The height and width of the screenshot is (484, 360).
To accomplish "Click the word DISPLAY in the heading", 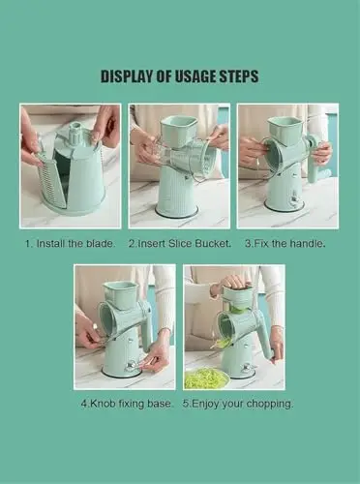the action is pos(128,76).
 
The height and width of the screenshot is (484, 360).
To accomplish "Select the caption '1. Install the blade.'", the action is pos(70,243).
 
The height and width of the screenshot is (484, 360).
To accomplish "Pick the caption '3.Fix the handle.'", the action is pos(285,243).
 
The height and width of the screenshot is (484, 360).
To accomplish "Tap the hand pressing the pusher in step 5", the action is pos(230,282).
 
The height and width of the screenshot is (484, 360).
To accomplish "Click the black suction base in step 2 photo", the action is pos(176,211).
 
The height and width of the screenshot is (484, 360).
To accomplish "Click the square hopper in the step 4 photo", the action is pos(120,294).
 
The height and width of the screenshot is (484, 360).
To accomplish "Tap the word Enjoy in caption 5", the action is pos(204,404).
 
